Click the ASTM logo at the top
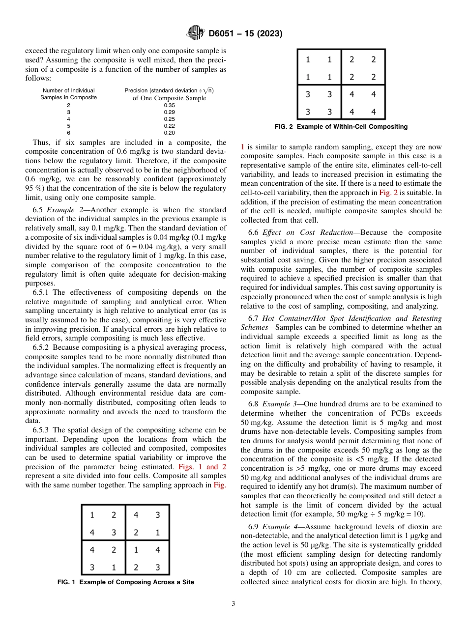196,33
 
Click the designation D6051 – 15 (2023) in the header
245,34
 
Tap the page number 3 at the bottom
233,604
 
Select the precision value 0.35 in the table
169,105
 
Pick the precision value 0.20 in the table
169,133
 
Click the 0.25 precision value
169,119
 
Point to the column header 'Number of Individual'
68,90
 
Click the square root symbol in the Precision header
207,90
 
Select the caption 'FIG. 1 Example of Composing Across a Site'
126,582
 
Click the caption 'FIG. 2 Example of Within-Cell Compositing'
341,127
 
